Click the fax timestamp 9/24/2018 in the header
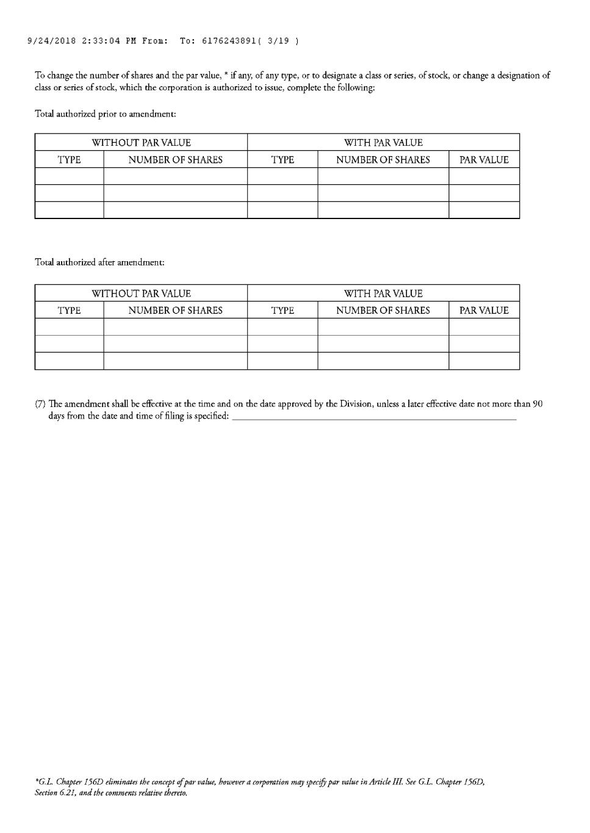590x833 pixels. pos(52,41)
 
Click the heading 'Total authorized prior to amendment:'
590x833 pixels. pos(106,114)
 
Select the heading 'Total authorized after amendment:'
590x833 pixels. pos(99,262)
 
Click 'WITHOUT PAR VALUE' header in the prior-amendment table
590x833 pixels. pos(141,143)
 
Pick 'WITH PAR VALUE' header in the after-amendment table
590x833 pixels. pos(383,294)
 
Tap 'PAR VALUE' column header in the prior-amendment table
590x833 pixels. pos(484,160)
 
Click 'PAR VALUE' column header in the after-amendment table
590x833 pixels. pos(484,311)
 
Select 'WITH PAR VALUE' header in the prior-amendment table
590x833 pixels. pos(383,143)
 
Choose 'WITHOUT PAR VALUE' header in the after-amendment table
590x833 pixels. pos(141,294)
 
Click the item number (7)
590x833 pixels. pos(40,404)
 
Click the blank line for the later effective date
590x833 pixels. pos(374,417)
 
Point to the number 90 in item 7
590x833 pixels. pos(538,404)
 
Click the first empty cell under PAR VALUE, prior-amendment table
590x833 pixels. pos(484,176)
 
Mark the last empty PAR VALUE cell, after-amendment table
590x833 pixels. pos(484,361)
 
